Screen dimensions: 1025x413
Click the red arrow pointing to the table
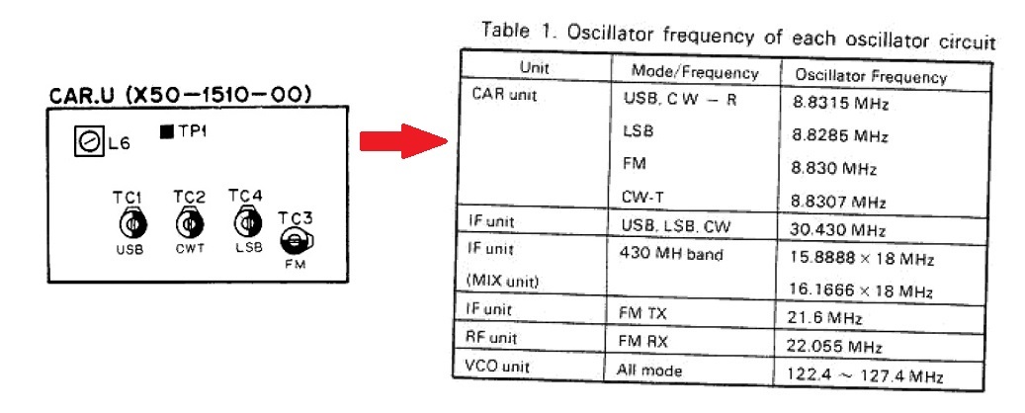tap(403, 140)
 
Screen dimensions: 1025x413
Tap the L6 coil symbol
tap(90, 142)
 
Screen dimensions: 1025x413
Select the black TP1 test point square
tap(167, 132)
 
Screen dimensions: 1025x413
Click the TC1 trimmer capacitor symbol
tap(130, 225)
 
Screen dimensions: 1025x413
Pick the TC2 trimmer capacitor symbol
tap(188, 224)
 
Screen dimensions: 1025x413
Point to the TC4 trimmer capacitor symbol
tap(246, 223)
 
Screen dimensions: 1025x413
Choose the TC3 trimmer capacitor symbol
tap(297, 242)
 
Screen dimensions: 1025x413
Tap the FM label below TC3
tap(296, 264)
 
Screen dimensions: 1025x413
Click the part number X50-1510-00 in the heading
tap(218, 95)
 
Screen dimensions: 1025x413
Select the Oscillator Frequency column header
tap(871, 76)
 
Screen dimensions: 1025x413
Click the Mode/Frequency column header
tap(694, 71)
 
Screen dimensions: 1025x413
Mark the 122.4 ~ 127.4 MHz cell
tap(859, 376)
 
